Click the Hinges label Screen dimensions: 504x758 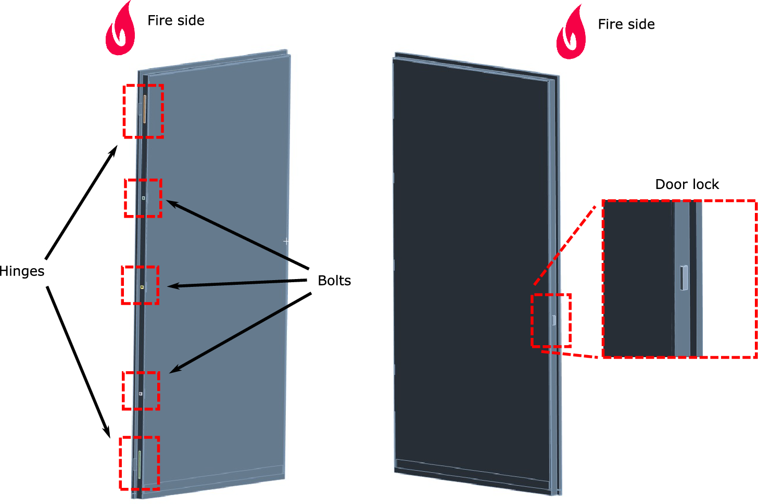[22, 271]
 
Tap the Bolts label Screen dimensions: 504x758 [334, 281]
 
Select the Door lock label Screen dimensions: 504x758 [687, 184]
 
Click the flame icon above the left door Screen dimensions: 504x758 [120, 30]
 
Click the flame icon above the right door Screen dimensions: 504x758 [571, 33]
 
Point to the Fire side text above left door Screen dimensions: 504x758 [176, 20]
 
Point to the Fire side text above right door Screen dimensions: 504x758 [626, 24]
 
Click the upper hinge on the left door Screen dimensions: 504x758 [144, 109]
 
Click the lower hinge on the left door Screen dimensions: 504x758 [140, 464]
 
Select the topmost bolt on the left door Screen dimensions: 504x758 [144, 198]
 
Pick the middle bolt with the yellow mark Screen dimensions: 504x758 [142, 286]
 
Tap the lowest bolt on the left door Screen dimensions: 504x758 [141, 394]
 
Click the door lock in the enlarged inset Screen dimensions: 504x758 [684, 278]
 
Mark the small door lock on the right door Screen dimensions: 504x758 [554, 320]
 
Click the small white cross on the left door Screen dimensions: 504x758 [286, 242]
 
